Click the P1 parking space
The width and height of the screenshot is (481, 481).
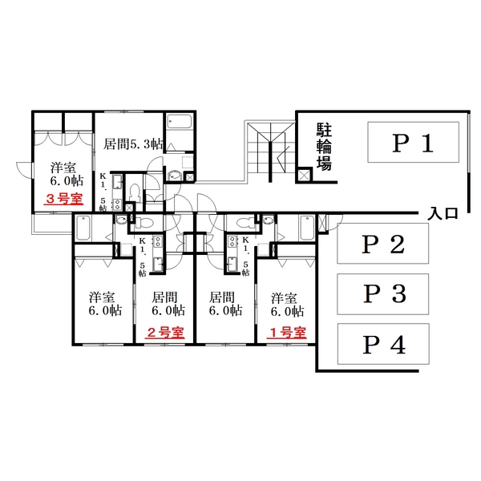(413, 142)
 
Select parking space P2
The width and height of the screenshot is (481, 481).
(382, 243)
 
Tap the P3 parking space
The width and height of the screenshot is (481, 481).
(382, 294)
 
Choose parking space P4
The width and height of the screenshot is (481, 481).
(383, 344)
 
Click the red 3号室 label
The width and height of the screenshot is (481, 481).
(63, 199)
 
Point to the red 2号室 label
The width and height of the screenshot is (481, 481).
(164, 333)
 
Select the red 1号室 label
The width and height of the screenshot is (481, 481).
(287, 333)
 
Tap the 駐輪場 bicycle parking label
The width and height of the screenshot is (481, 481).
(324, 147)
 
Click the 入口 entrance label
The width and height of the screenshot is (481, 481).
(443, 213)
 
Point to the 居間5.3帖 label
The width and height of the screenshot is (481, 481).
(133, 143)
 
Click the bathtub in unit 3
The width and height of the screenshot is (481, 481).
(180, 122)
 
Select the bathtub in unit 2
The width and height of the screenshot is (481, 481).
(83, 228)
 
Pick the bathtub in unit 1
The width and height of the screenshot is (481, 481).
(307, 228)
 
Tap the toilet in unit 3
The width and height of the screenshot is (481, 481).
(135, 193)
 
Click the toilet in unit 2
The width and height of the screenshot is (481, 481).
(143, 222)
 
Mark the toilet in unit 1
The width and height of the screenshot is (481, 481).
(247, 222)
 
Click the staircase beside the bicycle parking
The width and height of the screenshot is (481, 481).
(270, 152)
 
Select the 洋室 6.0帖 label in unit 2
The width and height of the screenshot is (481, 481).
(105, 304)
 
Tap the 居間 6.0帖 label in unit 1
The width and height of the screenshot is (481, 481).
(225, 304)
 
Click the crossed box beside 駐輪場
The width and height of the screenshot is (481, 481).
(305, 175)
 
